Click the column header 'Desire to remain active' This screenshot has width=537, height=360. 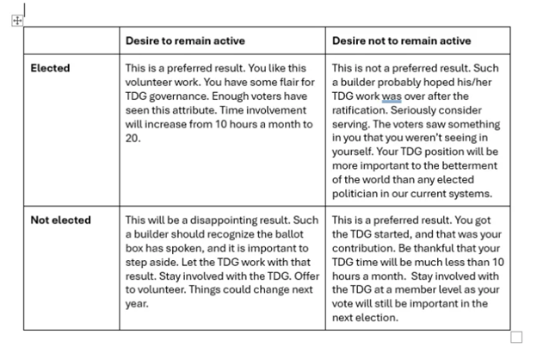click(x=185, y=40)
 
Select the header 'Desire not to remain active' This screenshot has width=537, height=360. click(x=401, y=40)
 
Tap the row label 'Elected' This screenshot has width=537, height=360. click(x=50, y=67)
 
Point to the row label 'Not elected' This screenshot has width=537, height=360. click(x=60, y=220)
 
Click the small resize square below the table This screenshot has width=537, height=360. click(x=516, y=337)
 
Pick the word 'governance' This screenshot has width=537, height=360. click(x=176, y=96)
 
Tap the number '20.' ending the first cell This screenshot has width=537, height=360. click(x=133, y=138)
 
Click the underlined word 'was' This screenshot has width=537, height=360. click(x=392, y=96)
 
